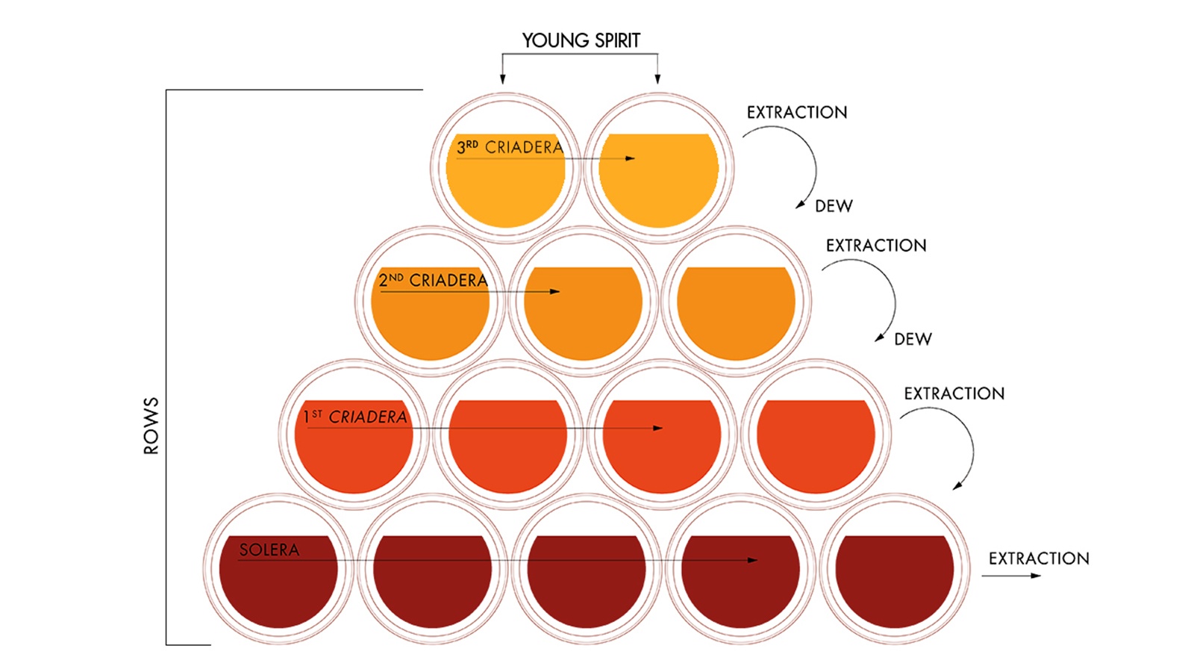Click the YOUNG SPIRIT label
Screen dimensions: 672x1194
(x=581, y=40)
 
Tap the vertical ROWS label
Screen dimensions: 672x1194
(x=151, y=426)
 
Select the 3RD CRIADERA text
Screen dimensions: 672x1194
(x=510, y=147)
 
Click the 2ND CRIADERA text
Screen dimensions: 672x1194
(x=433, y=281)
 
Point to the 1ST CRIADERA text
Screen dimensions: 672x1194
(x=355, y=417)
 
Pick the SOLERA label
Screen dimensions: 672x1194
(x=269, y=550)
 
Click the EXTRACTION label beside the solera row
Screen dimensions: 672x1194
(x=1039, y=559)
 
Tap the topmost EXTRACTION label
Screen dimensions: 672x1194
(x=797, y=113)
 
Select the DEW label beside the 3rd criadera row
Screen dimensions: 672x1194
(x=834, y=206)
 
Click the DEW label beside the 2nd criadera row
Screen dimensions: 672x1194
(x=913, y=340)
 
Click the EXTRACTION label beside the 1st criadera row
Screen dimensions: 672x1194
(x=954, y=393)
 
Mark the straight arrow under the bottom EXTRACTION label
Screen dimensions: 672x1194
(x=1011, y=576)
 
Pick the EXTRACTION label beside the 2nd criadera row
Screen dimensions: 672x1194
(x=875, y=246)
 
